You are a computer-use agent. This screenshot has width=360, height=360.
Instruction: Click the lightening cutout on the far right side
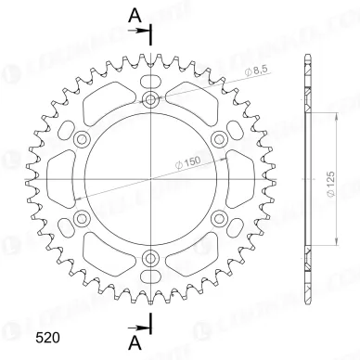(x=244, y=179)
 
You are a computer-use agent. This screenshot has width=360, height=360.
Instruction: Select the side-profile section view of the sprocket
(x=306, y=179)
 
